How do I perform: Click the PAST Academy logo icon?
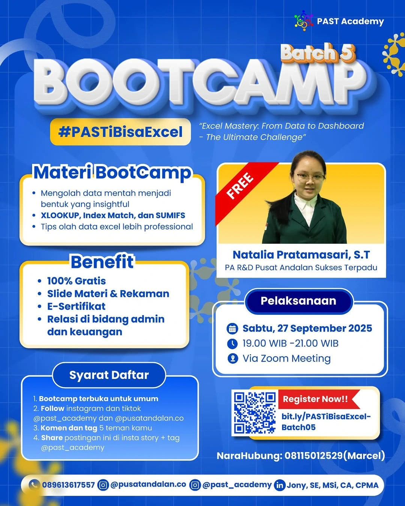click(303, 21)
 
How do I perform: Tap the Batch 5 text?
click(317, 53)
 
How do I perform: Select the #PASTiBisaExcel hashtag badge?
click(120, 132)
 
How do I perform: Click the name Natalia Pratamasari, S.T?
click(301, 255)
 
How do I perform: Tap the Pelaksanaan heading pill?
click(298, 301)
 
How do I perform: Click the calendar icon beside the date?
click(232, 329)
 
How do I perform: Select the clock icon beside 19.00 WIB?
click(232, 343)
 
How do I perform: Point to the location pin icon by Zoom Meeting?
click(232, 359)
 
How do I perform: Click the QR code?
click(255, 412)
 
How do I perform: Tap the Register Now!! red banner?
click(316, 399)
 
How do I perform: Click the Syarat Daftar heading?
click(109, 375)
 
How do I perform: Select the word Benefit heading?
click(102, 262)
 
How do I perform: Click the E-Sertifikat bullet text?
click(76, 306)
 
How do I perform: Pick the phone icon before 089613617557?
click(34, 485)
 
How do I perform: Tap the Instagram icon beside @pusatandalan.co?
click(103, 485)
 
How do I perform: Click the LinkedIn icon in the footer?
click(280, 485)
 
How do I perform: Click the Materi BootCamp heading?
click(112, 173)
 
